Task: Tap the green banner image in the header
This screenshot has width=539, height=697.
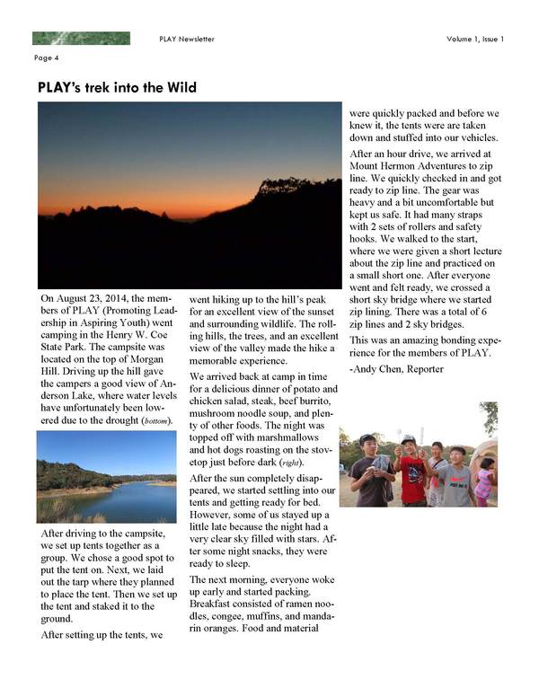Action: [x=81, y=39]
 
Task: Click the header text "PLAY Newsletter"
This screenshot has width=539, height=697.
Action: [x=186, y=39]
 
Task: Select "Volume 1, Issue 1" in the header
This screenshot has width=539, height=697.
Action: [x=475, y=39]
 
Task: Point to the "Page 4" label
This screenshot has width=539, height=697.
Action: [x=46, y=58]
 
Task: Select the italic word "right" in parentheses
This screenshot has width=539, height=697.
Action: [x=305, y=460]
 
